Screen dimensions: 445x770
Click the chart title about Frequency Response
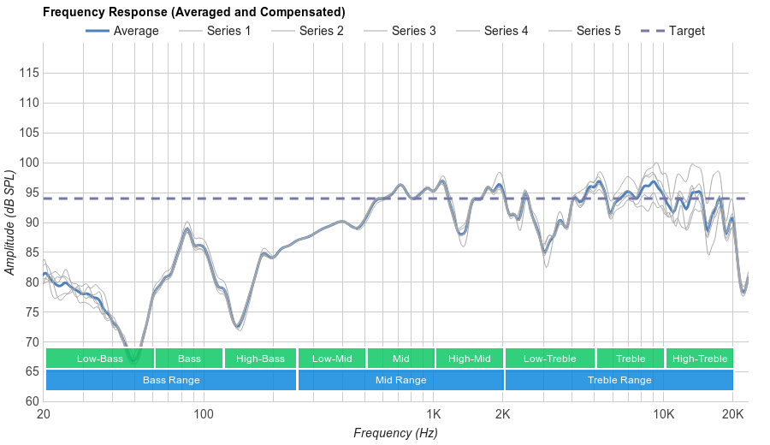point(193,12)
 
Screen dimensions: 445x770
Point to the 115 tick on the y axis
point(29,74)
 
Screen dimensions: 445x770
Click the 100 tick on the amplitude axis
point(29,163)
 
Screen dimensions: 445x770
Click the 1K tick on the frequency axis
point(432,414)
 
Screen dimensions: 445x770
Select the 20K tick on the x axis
point(732,414)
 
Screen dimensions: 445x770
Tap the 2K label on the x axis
point(502,414)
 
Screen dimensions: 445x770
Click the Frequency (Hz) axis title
point(395,433)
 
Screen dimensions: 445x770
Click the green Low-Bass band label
point(99,359)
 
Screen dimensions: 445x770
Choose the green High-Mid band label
point(469,359)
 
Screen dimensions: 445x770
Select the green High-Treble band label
point(700,359)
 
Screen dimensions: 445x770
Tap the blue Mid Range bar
point(400,380)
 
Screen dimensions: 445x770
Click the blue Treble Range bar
point(619,380)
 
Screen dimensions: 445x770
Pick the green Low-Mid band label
point(332,359)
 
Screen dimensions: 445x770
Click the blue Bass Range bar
point(171,380)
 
